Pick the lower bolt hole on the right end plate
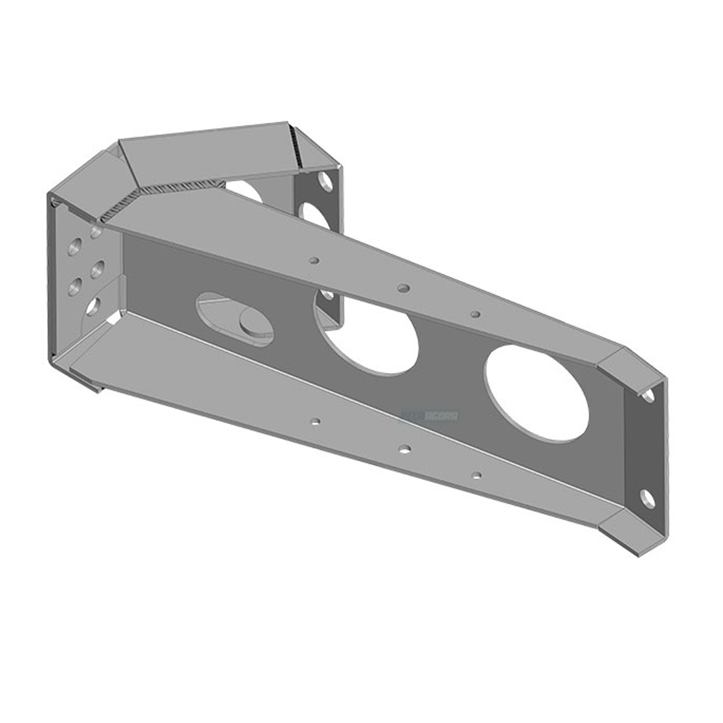coord(647,498)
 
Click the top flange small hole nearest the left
coord(313,260)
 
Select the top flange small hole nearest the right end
coord(475,313)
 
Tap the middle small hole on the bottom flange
coord(405,449)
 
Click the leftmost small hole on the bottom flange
coord(314,421)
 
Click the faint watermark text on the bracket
coord(431,416)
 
